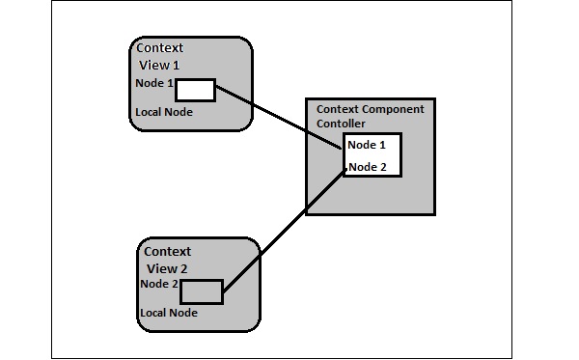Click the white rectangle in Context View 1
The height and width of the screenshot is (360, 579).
pyautogui.click(x=195, y=90)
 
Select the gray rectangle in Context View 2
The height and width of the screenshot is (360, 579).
pyautogui.click(x=202, y=291)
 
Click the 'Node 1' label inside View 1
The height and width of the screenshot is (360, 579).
pyautogui.click(x=154, y=83)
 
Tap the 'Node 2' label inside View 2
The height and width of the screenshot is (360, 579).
pyautogui.click(x=158, y=284)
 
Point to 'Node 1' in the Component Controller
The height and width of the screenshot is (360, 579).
pyautogui.click(x=367, y=145)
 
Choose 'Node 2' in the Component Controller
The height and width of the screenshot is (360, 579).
pyautogui.click(x=367, y=167)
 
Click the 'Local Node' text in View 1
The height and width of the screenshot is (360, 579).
pyautogui.click(x=164, y=112)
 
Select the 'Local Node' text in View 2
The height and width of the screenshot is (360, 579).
pyautogui.click(x=169, y=313)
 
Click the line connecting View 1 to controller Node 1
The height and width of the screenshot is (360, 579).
pyautogui.click(x=278, y=117)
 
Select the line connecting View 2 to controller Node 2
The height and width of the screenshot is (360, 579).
pyautogui.click(x=285, y=231)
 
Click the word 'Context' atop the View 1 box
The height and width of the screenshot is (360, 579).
pyautogui.click(x=160, y=48)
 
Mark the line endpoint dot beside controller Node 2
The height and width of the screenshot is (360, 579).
pyautogui.click(x=345, y=170)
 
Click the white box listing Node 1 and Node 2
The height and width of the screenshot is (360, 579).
pyautogui.click(x=372, y=155)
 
